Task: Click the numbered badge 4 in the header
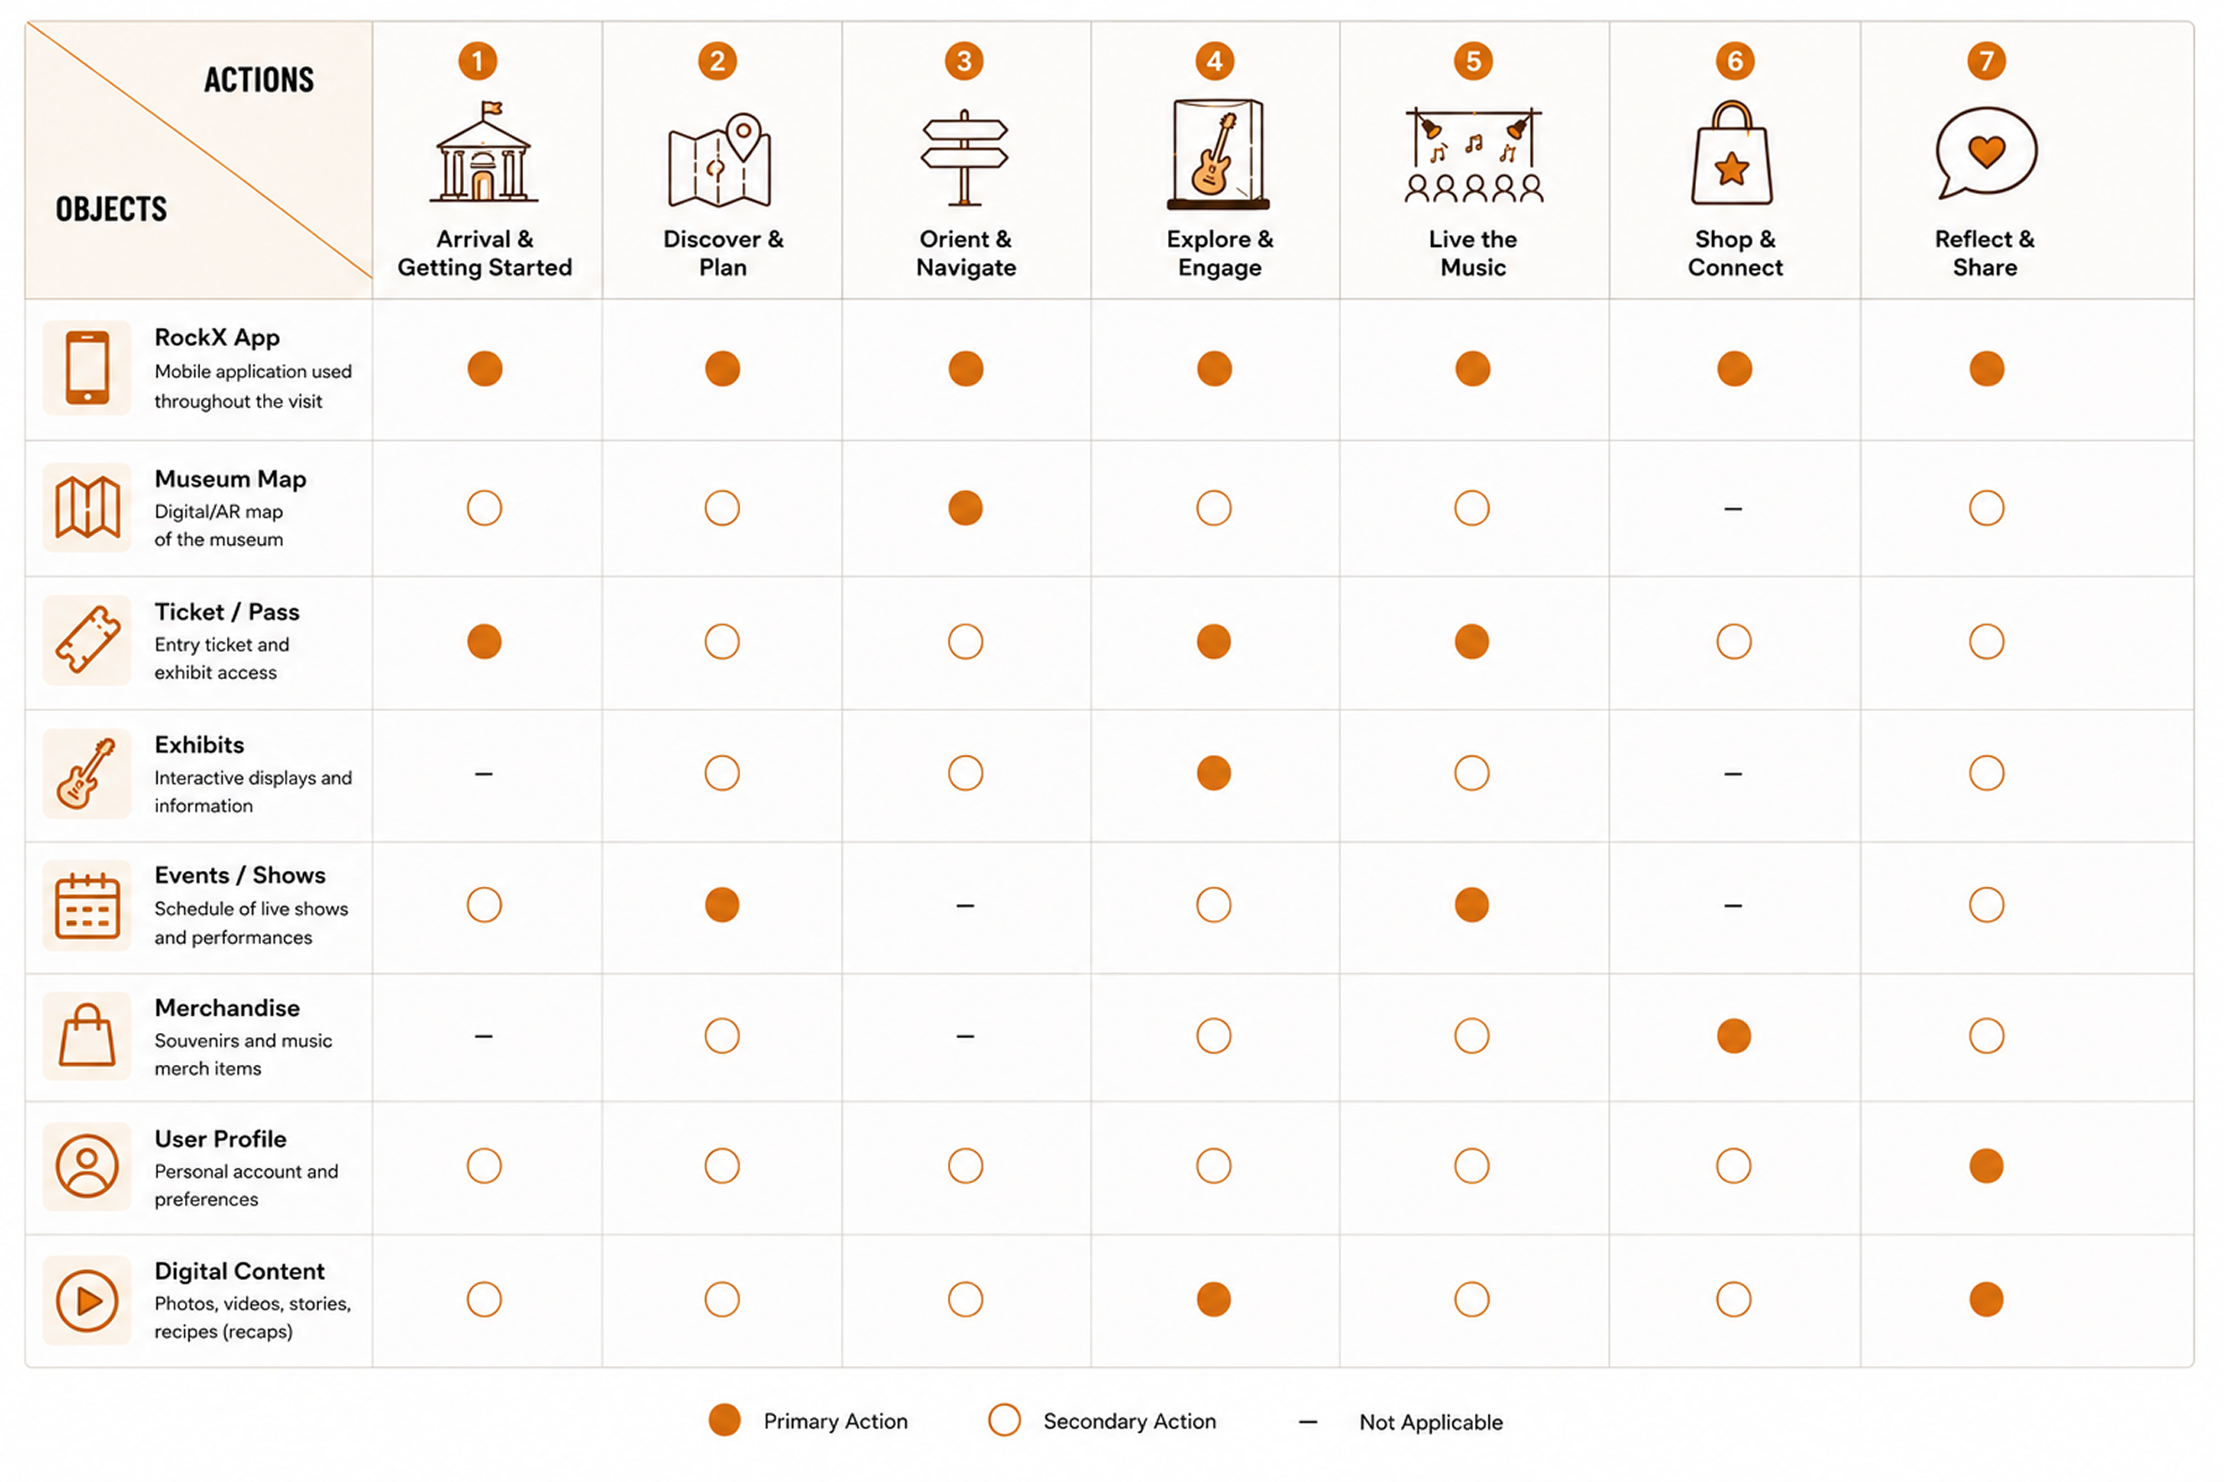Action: point(1214,61)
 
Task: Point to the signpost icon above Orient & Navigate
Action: point(965,157)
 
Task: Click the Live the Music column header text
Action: point(1473,253)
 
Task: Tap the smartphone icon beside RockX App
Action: point(87,368)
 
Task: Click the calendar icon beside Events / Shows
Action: point(87,906)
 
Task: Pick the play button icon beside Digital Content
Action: point(87,1301)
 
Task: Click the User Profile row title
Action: point(220,1139)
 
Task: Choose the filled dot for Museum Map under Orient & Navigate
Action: point(965,508)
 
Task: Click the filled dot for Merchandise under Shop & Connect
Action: point(1733,1036)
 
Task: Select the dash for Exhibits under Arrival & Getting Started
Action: point(484,774)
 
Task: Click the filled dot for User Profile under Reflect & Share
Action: point(1986,1166)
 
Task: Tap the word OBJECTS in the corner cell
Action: point(112,209)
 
